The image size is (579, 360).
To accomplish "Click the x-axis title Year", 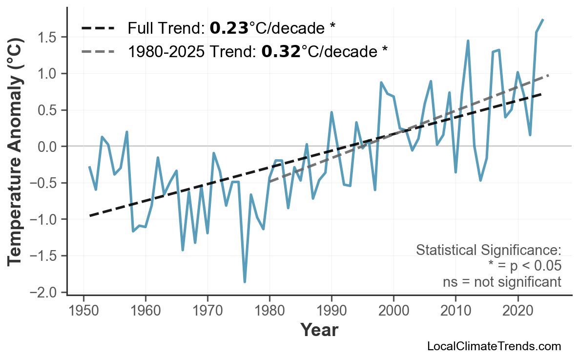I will [319, 330].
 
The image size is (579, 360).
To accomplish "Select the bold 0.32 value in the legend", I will [281, 51].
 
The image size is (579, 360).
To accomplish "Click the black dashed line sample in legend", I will [98, 29].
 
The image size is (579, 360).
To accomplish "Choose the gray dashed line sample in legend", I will [98, 51].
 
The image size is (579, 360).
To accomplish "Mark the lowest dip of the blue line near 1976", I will [245, 282].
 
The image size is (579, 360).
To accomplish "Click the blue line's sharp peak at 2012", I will [468, 41].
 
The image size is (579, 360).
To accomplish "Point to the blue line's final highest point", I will [543, 20].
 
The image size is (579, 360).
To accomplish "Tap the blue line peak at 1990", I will [331, 112].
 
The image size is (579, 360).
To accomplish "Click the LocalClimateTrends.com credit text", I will [494, 346].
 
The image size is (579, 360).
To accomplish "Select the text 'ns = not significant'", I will [502, 282].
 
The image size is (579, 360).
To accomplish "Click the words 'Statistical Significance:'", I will [488, 251].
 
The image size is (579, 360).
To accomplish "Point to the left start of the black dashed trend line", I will [90, 215].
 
